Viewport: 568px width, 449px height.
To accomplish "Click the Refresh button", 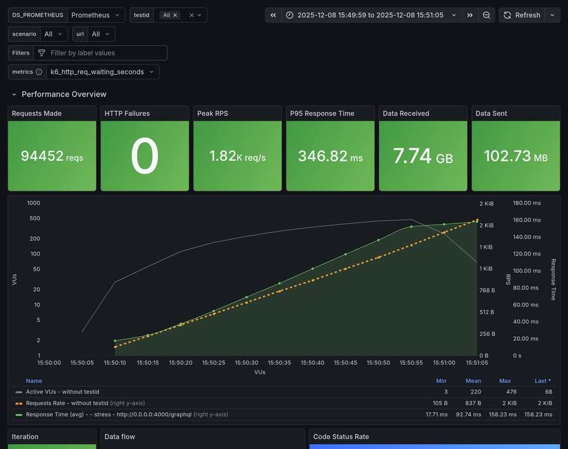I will point(522,15).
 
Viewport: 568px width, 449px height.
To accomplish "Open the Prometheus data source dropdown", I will point(96,15).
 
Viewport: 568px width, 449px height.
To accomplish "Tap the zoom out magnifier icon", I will point(487,15).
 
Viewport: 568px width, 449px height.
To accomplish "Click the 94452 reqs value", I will point(52,156).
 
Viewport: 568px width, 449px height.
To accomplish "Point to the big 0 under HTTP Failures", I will point(145,156).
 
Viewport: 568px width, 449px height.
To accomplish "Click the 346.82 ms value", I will point(330,156).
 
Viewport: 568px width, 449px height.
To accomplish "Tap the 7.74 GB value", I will point(423,156).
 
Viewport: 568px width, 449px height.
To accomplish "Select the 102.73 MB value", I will point(515,156).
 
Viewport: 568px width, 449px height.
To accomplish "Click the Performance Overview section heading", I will point(64,94).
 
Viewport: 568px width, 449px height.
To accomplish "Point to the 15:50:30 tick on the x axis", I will point(247,362).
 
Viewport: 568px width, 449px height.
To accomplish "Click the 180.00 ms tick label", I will point(526,203).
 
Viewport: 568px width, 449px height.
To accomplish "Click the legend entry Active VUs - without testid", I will point(62,392).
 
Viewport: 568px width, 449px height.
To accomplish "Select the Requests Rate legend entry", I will point(67,403).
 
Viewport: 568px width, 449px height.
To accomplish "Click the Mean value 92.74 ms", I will point(469,414).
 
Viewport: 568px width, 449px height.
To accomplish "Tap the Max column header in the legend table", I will point(505,381).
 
